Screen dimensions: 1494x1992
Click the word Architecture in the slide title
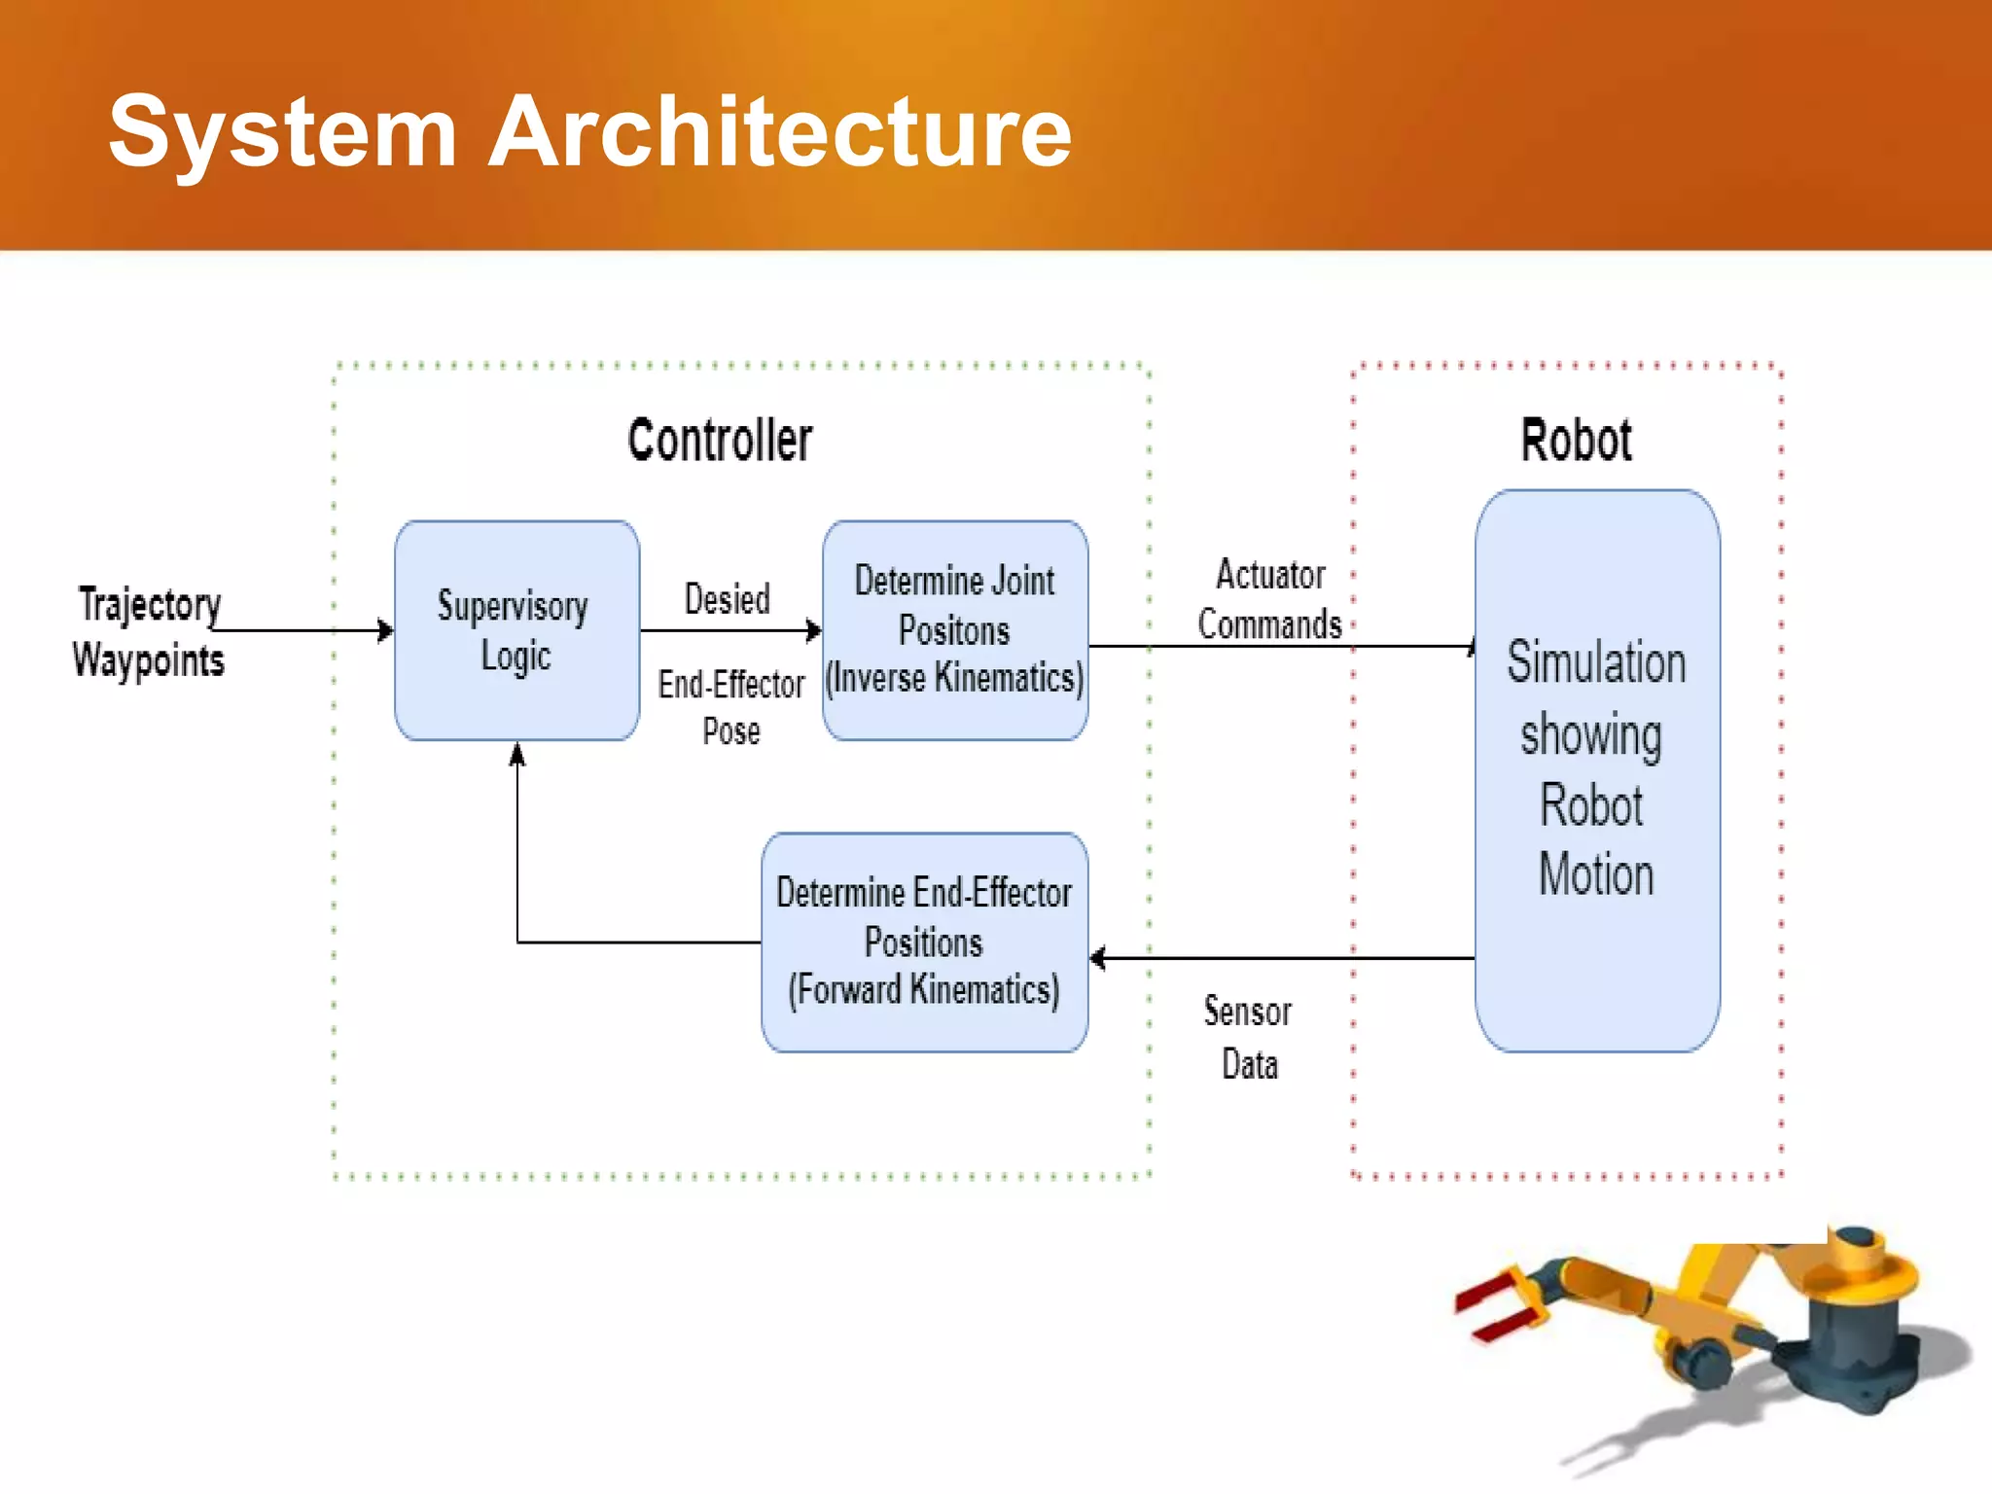point(780,131)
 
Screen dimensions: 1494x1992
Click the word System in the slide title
point(282,131)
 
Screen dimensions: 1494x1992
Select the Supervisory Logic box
point(516,630)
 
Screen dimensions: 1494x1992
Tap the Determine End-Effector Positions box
point(924,942)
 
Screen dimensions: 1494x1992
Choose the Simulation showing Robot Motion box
point(1596,769)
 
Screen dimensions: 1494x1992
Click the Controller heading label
point(720,440)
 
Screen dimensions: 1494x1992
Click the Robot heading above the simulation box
point(1576,440)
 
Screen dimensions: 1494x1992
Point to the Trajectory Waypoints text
point(149,631)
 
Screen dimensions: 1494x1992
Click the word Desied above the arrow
point(727,599)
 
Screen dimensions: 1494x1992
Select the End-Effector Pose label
point(731,706)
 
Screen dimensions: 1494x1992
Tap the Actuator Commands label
point(1269,599)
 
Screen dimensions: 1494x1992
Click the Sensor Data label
point(1249,1037)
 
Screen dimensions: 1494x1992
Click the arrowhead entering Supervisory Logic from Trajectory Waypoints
point(386,631)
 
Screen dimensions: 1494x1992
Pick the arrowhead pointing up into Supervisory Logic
point(517,754)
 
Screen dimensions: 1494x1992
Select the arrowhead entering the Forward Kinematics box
point(1098,958)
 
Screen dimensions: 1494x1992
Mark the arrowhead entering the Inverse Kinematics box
point(814,631)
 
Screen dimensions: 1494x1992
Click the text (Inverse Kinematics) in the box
point(954,678)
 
